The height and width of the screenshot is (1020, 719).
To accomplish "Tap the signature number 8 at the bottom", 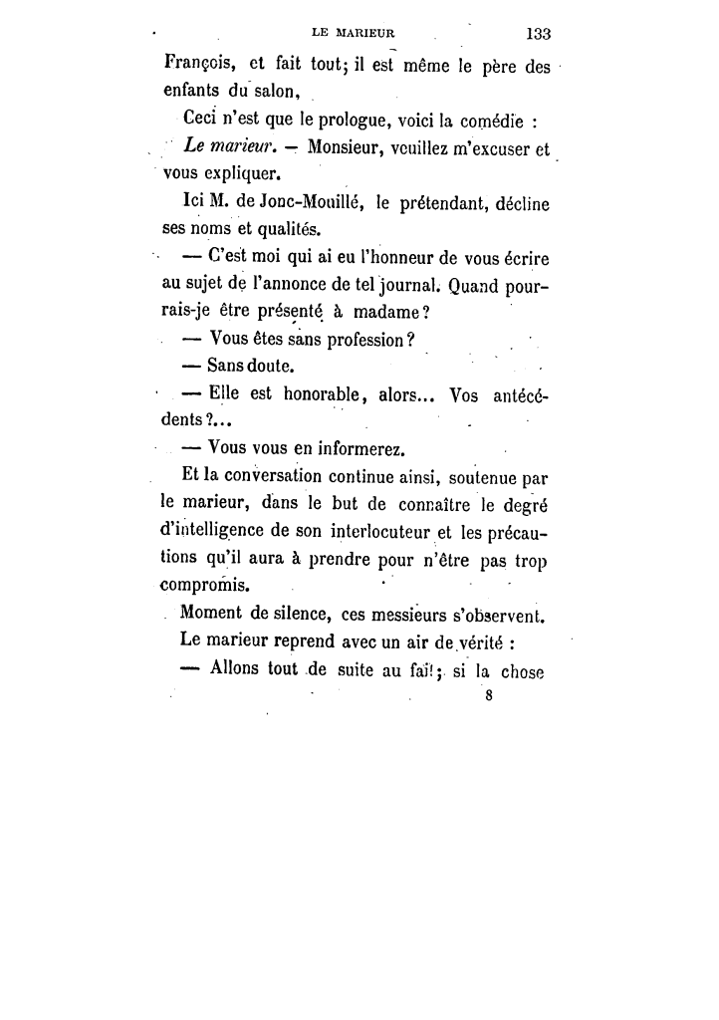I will point(489,697).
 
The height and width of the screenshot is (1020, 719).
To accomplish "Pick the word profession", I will point(349,339).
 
